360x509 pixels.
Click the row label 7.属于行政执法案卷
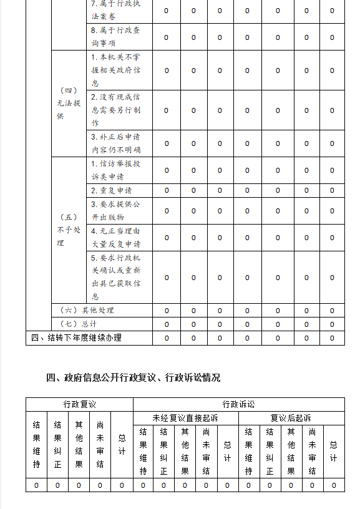click(115, 11)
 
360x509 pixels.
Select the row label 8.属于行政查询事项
click(115, 37)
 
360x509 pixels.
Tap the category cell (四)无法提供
click(69, 104)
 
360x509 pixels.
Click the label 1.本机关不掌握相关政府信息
click(115, 70)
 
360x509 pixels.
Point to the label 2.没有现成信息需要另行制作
click(115, 110)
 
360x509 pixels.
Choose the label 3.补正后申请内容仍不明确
click(115, 143)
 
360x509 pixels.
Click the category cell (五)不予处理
click(69, 230)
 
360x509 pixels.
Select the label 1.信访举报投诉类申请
click(115, 170)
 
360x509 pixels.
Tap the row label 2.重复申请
click(112, 190)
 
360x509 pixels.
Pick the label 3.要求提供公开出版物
click(115, 210)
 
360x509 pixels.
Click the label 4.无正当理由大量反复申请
click(115, 237)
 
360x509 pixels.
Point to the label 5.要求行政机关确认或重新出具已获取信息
click(115, 277)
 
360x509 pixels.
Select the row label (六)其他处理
click(87, 310)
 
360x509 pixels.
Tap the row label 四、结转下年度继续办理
click(76, 337)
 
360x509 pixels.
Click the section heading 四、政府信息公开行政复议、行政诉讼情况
click(133, 377)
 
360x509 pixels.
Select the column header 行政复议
click(79, 404)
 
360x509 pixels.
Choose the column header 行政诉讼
click(238, 404)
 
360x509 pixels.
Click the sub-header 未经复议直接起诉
click(185, 418)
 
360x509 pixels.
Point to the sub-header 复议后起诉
click(291, 418)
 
